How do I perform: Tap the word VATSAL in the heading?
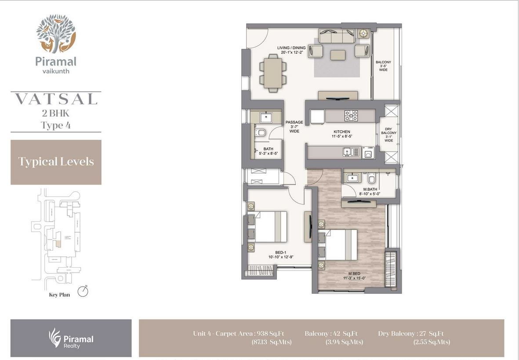coord(56,99)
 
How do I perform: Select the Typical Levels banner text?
coord(56,161)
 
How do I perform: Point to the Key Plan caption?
coord(60,295)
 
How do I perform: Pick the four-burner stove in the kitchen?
coord(351,116)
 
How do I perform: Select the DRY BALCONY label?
coord(388,133)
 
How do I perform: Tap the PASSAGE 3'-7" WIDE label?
coord(294,127)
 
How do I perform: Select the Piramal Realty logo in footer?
coord(71,338)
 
